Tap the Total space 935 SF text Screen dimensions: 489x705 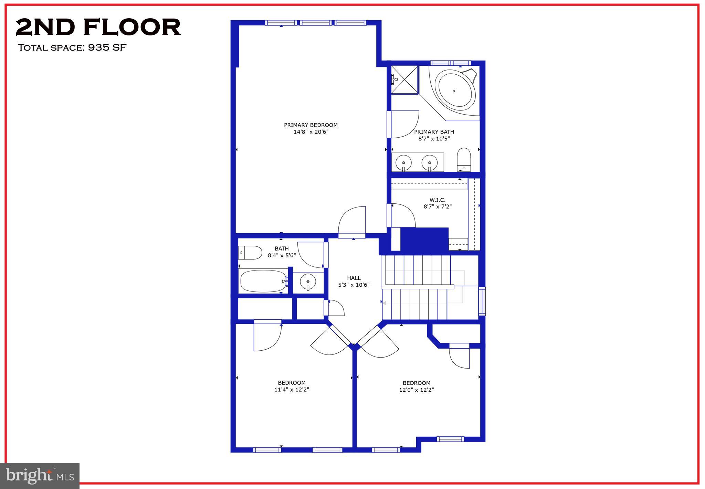coord(72,47)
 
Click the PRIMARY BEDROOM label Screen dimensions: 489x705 coord(311,125)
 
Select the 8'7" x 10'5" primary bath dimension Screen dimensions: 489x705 coord(434,139)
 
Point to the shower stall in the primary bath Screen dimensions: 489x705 coord(404,79)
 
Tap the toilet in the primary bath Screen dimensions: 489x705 coord(464,159)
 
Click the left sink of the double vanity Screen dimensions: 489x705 coord(403,162)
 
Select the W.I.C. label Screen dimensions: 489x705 coord(437,200)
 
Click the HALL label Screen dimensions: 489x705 coord(354,278)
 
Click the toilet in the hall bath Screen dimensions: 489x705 coord(250,253)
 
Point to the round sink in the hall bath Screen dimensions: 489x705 coord(308,282)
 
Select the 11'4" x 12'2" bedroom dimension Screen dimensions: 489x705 coord(292,390)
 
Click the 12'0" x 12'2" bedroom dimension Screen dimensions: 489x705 coord(416,390)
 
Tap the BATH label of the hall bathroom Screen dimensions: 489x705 coord(282,248)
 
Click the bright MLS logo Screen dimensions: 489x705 coord(40,476)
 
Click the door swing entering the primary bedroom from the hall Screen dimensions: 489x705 coord(352,220)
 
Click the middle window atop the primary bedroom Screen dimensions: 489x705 coord(315,23)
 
